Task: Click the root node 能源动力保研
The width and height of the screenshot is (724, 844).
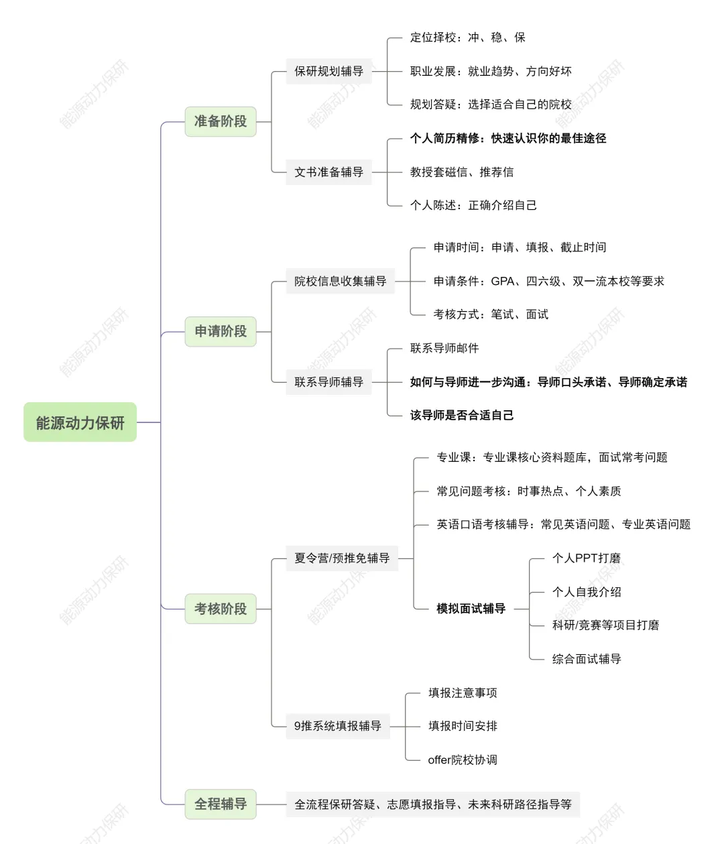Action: (80, 422)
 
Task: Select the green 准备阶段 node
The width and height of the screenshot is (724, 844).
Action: (221, 121)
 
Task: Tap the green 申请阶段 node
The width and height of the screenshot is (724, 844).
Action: (221, 331)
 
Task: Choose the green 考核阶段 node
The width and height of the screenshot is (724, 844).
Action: (221, 609)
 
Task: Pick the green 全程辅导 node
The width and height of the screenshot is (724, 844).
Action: (221, 804)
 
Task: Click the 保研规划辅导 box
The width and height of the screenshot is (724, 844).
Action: (328, 71)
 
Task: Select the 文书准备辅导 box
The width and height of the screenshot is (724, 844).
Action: (328, 172)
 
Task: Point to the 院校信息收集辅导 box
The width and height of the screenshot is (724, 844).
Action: (340, 281)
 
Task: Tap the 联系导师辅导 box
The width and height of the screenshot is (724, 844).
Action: (328, 382)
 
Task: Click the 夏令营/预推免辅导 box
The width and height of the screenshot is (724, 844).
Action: (342, 558)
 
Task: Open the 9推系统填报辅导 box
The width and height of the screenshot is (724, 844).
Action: (337, 726)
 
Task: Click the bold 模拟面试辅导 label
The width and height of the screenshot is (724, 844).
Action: (471, 609)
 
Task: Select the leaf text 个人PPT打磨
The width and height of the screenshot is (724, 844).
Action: (586, 558)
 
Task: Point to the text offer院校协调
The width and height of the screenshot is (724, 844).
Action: (463, 760)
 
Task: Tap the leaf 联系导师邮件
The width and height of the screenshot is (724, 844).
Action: (444, 348)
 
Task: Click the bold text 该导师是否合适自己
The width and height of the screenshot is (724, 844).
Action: (462, 415)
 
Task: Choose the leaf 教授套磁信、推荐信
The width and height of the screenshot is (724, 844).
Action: (462, 172)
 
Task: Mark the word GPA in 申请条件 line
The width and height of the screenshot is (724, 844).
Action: (502, 281)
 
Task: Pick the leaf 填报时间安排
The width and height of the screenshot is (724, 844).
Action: (463, 726)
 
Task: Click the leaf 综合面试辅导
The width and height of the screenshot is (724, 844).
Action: (587, 659)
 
